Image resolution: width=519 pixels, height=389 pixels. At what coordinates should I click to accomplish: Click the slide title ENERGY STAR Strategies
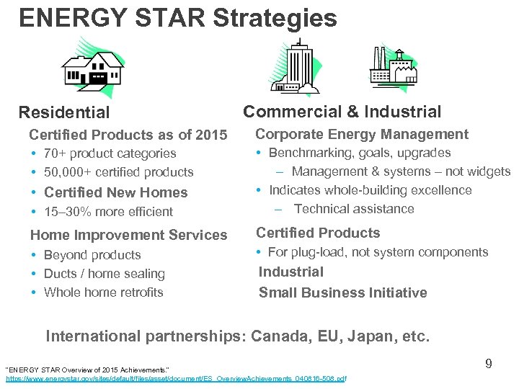click(178, 18)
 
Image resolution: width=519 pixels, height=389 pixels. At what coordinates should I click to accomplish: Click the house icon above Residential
click(92, 68)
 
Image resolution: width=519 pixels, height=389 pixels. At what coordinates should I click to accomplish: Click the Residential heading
click(64, 112)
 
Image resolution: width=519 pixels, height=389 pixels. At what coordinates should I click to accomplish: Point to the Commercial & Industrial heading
click(342, 112)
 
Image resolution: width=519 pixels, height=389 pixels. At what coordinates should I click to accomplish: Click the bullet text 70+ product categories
click(110, 153)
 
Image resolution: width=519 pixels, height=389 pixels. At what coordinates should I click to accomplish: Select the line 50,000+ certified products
click(118, 172)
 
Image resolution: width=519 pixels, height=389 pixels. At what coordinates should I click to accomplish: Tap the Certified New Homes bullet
click(115, 192)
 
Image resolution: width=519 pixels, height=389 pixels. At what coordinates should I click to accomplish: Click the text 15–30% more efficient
click(108, 212)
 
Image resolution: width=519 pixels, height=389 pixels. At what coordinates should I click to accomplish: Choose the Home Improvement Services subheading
click(128, 235)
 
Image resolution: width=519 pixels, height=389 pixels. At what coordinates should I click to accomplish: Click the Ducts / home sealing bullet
click(104, 274)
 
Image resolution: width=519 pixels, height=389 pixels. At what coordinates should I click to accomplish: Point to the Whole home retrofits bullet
click(103, 292)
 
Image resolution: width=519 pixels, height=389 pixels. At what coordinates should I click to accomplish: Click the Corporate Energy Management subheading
click(362, 134)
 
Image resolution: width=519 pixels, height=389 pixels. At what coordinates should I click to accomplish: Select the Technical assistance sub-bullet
click(354, 209)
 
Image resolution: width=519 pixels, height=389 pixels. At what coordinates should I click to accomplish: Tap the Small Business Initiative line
click(342, 292)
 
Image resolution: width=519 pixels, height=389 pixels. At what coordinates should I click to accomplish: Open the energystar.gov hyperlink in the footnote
click(176, 378)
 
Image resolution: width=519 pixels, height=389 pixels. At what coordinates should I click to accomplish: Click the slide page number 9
click(488, 364)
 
